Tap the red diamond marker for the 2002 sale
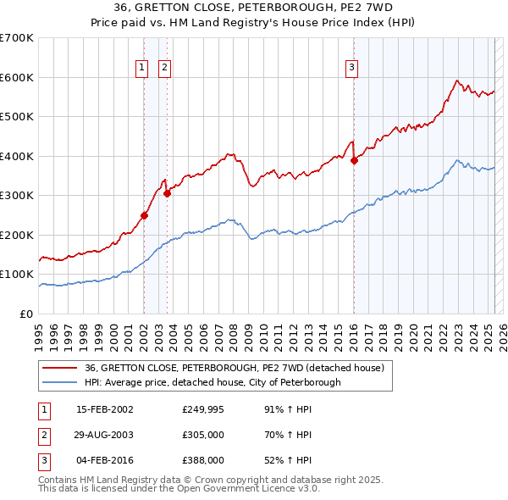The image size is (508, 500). (x=145, y=215)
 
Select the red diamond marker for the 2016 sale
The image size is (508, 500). (x=354, y=161)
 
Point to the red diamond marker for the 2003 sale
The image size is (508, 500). (x=168, y=193)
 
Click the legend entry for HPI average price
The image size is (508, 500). (x=213, y=382)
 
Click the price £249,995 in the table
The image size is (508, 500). (x=203, y=409)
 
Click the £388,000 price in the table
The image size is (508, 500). (x=203, y=460)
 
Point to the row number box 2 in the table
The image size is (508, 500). (x=43, y=435)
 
